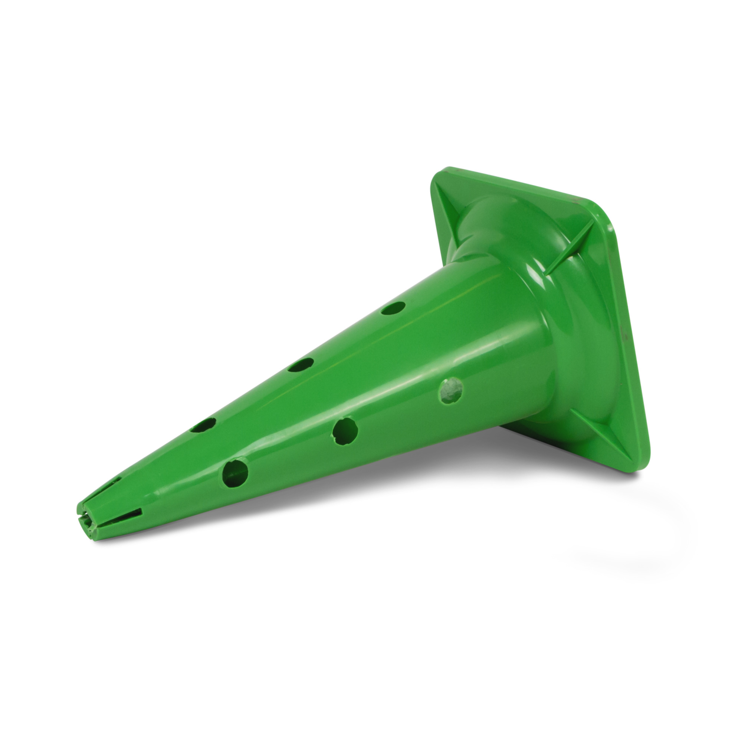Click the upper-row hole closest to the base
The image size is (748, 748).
(x=393, y=308)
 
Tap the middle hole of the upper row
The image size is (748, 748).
(x=301, y=365)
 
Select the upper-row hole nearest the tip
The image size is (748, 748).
(x=203, y=425)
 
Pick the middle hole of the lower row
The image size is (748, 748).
(x=345, y=431)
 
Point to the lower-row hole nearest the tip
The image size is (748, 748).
(x=235, y=473)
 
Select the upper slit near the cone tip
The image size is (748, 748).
(x=112, y=482)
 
